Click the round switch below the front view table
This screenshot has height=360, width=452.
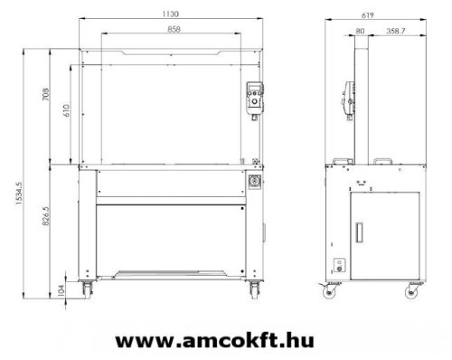255,182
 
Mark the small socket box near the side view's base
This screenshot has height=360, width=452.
340,265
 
